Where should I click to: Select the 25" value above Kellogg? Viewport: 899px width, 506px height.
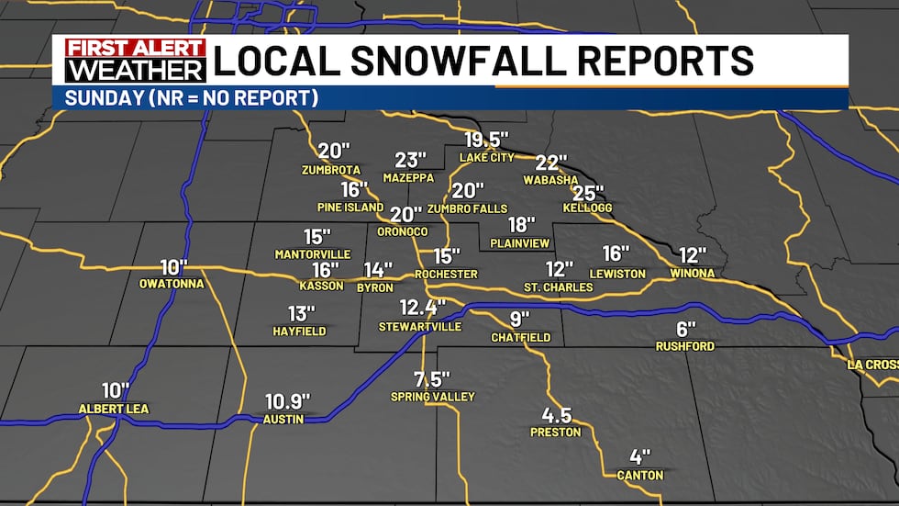click(588, 193)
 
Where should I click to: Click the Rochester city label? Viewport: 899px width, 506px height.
click(446, 274)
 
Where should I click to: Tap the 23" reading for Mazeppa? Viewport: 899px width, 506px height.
click(412, 160)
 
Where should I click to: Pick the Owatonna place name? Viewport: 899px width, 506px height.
click(172, 284)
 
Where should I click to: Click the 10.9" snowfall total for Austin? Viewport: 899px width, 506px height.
click(287, 401)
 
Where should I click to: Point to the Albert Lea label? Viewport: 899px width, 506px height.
click(113, 408)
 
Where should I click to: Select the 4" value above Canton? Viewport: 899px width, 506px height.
click(639, 456)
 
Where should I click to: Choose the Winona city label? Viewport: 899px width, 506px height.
click(693, 273)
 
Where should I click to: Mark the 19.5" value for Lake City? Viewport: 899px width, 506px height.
click(486, 140)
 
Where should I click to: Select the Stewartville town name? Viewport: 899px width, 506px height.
click(421, 326)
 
